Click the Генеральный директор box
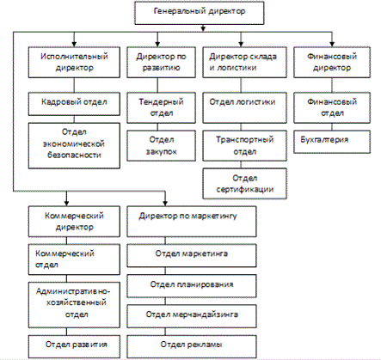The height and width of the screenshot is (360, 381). coord(200,13)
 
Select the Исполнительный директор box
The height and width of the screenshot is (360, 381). coord(74,63)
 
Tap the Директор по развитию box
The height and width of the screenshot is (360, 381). coord(162,63)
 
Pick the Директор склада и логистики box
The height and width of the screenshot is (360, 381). coord(244,63)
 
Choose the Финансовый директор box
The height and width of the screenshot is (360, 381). coord(332,63)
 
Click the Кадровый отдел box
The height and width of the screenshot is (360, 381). coord(74,104)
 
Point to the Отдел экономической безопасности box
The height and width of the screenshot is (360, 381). coord(74,145)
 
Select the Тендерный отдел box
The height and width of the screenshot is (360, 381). coord(162,107)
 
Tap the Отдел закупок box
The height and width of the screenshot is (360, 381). coord(162,145)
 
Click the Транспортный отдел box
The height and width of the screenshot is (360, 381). coord(244,145)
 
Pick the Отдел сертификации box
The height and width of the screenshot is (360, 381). coord(244,184)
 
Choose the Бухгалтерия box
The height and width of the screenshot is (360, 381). coord(332,142)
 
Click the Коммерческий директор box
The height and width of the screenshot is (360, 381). coord(74,222)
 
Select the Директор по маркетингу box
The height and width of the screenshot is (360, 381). coord(192,222)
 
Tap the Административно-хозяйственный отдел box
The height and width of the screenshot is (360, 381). coord(74,305)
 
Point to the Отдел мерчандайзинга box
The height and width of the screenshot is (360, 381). coord(192,316)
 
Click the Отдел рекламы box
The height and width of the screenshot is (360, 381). coord(192,346)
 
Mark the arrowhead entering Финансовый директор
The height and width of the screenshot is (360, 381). coord(332,44)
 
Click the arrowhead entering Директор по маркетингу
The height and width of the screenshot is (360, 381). coord(165,203)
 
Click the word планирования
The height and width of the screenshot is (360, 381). coord(206,284)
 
